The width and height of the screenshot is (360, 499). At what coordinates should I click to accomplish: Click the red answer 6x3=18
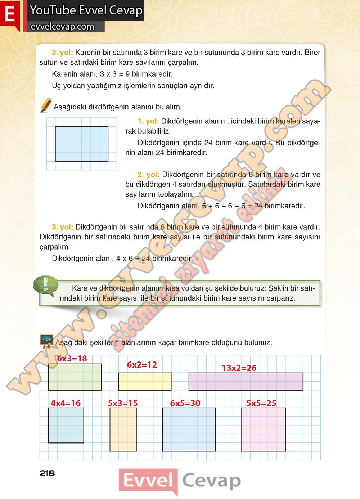click(x=72, y=359)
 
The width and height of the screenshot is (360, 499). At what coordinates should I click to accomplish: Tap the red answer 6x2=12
click(x=142, y=365)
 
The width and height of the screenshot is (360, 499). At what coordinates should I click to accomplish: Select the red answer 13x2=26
click(x=239, y=368)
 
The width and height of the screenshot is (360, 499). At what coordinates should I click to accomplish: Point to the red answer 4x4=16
click(x=66, y=403)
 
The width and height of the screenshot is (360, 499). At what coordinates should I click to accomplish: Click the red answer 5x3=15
click(x=123, y=403)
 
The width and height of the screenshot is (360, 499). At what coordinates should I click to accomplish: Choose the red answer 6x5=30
click(x=185, y=403)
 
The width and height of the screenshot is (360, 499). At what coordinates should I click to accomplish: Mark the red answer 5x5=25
click(x=261, y=403)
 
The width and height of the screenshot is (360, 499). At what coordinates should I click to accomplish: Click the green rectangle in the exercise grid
click(x=75, y=377)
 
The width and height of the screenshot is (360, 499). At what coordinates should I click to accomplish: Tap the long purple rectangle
click(x=246, y=382)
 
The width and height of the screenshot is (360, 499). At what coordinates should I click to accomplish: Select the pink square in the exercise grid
click(x=264, y=430)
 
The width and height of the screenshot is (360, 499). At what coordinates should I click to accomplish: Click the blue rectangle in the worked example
click(x=82, y=144)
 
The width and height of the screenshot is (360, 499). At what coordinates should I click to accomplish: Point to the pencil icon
click(x=46, y=105)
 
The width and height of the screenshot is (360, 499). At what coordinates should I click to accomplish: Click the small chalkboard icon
click(x=46, y=341)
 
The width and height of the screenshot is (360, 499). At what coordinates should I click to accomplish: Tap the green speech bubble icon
click(x=46, y=286)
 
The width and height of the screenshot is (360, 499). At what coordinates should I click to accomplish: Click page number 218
click(x=47, y=473)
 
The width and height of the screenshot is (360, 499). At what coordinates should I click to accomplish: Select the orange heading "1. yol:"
click(x=148, y=121)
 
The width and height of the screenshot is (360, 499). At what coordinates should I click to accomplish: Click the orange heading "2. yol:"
click(x=148, y=175)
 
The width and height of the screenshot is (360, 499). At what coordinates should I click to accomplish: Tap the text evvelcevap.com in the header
click(x=63, y=27)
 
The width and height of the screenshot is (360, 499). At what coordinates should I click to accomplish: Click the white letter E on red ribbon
click(x=10, y=14)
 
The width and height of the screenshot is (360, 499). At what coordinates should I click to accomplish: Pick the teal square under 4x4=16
click(x=66, y=425)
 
